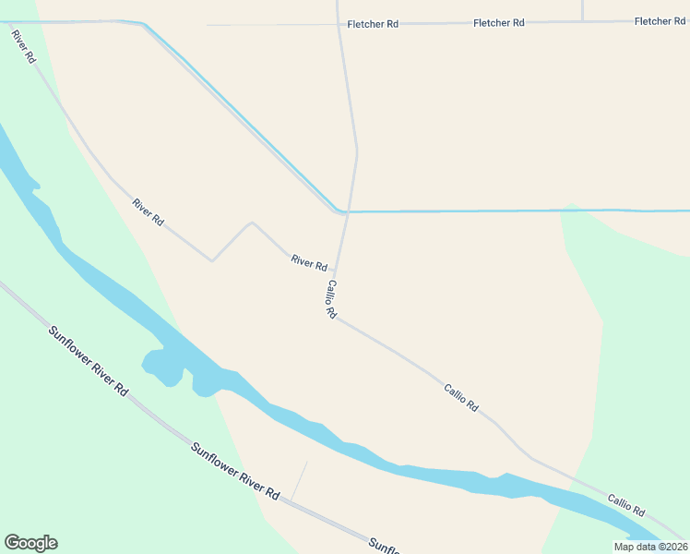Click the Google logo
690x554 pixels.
[30, 543]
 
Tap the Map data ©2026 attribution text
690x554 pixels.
[650, 547]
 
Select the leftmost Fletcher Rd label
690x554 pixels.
[373, 24]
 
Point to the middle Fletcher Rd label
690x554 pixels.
[498, 23]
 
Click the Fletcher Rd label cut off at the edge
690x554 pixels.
[660, 21]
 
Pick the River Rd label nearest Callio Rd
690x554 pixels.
[309, 262]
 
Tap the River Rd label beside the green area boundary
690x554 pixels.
[148, 212]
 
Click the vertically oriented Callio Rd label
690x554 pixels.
[330, 299]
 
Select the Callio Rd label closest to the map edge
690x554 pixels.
[626, 504]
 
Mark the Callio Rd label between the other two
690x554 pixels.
[461, 398]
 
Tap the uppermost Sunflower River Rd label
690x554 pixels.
[89, 360]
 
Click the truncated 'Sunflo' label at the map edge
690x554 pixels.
[387, 545]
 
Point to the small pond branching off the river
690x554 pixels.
[161, 367]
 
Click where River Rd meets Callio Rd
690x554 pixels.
[335, 273]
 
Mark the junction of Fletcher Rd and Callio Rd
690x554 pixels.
[339, 24]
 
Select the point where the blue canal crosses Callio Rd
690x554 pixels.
[347, 211]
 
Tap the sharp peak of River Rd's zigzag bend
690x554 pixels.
[252, 223]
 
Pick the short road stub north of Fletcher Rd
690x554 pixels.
[583, 9]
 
